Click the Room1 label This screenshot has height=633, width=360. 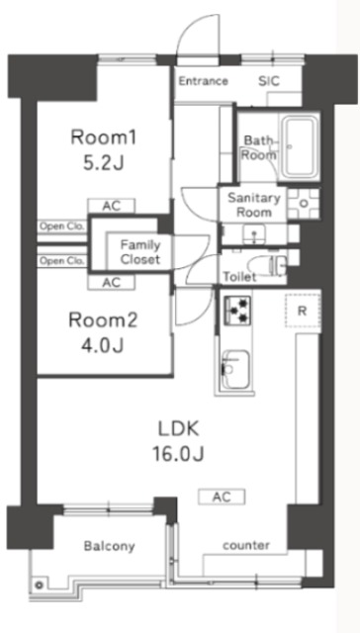[103, 138]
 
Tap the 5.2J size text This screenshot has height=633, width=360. [103, 163]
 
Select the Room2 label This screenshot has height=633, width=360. [103, 320]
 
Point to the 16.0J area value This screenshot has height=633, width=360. [178, 455]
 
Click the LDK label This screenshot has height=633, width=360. [178, 430]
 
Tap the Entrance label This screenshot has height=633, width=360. [204, 81]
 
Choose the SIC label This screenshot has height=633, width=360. [269, 81]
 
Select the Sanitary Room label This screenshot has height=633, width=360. [254, 205]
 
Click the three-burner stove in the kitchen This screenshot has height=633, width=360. [237, 311]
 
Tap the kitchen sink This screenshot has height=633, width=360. [235, 369]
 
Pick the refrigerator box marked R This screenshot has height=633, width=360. [303, 311]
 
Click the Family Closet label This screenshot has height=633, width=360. [140, 252]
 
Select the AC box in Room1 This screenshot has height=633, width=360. [112, 206]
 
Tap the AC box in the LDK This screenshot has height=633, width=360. [222, 497]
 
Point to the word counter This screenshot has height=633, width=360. [246, 545]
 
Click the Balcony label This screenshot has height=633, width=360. [109, 547]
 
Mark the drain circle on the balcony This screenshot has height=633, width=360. [40, 585]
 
